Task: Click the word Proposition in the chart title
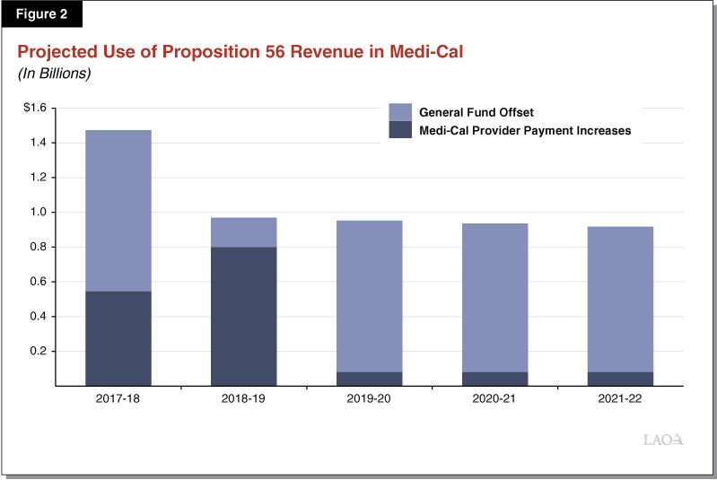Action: [x=199, y=52]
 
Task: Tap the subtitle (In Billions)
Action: [x=55, y=74]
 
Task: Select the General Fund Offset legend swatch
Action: [x=400, y=112]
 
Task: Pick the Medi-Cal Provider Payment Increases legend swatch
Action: [x=400, y=130]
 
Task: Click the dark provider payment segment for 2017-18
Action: [x=118, y=338]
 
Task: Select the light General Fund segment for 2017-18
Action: [x=118, y=210]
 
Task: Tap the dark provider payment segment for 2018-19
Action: [x=243, y=316]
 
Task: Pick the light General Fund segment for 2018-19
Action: [x=243, y=231]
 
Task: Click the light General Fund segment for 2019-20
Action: [x=369, y=296]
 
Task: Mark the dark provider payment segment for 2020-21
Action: [x=494, y=379]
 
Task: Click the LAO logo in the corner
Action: [x=664, y=440]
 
